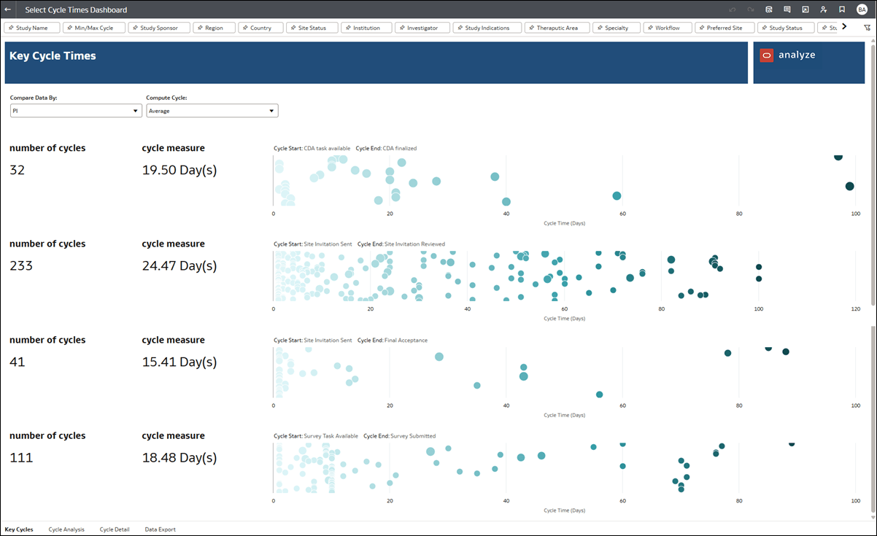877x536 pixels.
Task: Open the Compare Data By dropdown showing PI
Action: [x=76, y=111]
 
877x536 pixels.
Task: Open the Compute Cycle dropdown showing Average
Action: [x=212, y=111]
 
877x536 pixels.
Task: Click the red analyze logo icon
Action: [x=766, y=55]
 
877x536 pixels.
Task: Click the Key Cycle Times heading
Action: [x=53, y=56]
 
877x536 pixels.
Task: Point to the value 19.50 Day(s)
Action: [x=179, y=170]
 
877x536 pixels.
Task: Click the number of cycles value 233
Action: [x=21, y=266]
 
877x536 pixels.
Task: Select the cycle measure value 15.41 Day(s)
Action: [x=179, y=362]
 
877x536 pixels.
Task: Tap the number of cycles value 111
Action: [x=21, y=458]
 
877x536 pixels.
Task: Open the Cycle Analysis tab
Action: [x=66, y=529]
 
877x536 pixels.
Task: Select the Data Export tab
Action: [x=160, y=529]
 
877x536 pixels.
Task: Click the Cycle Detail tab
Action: [x=115, y=529]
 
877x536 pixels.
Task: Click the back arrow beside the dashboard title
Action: [x=8, y=9]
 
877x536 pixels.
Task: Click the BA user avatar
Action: [x=862, y=9]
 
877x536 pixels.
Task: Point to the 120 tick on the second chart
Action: [x=856, y=309]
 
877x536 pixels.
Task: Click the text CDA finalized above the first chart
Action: [x=399, y=148]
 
